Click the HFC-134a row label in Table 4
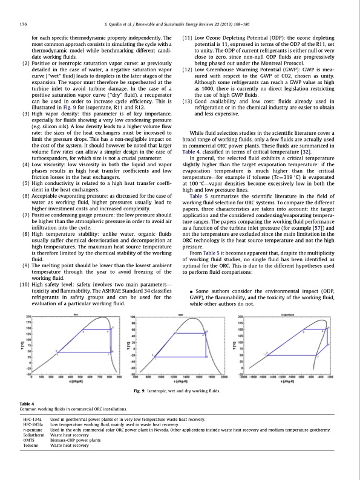[32, 418]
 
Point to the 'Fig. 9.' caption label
[140, 394]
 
